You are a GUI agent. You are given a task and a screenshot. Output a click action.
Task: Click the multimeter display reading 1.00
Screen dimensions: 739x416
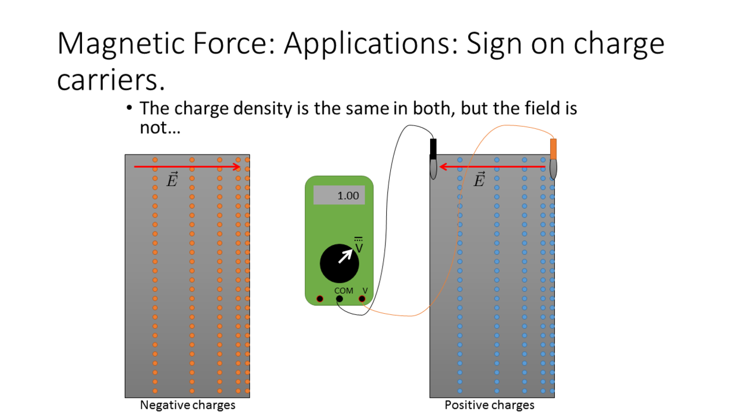tap(339, 195)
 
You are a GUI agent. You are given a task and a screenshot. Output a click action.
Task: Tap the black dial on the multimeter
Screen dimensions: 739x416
tap(339, 263)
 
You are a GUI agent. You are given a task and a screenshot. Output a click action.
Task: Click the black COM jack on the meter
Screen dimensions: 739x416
tap(339, 299)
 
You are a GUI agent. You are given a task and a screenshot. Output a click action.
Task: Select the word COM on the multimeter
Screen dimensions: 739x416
tap(343, 291)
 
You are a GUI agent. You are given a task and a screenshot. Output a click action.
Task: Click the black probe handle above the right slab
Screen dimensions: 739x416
tap(433, 149)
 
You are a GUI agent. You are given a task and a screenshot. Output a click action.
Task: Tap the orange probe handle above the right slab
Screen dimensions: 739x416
tap(553, 149)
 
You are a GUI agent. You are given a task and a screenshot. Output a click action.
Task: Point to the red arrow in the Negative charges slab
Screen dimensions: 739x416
tap(187, 167)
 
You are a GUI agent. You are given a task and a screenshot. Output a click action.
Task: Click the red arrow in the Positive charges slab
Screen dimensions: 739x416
tap(492, 167)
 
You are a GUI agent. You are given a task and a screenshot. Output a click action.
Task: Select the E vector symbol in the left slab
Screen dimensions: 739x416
tap(172, 179)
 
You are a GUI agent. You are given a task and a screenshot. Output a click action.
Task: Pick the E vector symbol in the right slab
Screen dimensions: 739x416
tap(479, 179)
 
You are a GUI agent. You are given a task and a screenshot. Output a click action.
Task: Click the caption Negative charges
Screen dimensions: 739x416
tap(187, 405)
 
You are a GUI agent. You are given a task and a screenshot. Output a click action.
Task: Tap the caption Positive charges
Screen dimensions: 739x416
tap(489, 405)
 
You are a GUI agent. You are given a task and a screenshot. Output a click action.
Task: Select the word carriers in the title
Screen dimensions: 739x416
tap(110, 80)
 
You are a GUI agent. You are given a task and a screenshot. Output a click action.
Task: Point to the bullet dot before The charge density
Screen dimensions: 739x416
tap(129, 108)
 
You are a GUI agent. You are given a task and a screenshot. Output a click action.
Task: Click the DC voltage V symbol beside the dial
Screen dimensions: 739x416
tap(359, 245)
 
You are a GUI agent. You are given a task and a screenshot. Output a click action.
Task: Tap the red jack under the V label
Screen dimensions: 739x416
tap(362, 299)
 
